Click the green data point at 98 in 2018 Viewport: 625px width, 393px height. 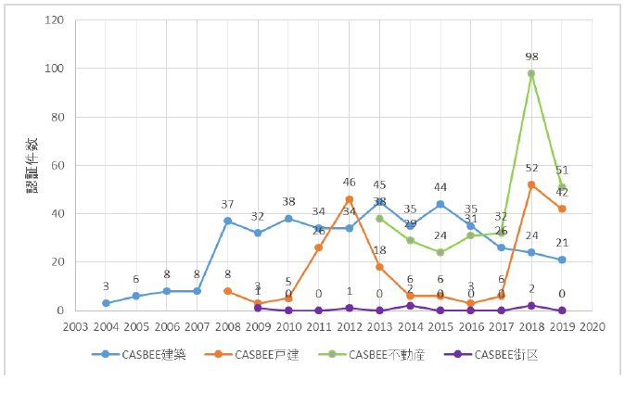point(531,73)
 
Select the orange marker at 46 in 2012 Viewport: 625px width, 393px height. point(349,199)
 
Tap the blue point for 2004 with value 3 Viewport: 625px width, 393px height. point(106,303)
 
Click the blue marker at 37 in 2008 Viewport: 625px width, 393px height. point(227,221)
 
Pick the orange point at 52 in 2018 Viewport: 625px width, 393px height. point(531,184)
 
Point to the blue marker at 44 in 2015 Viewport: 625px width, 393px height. point(440,204)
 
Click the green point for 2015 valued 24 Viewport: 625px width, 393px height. point(440,252)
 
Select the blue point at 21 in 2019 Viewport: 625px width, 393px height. point(562,260)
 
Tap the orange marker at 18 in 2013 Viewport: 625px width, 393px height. point(379,267)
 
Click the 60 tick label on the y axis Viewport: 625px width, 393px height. point(57,165)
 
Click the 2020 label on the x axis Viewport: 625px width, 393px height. point(593,326)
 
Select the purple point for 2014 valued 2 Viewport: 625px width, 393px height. point(410,305)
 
